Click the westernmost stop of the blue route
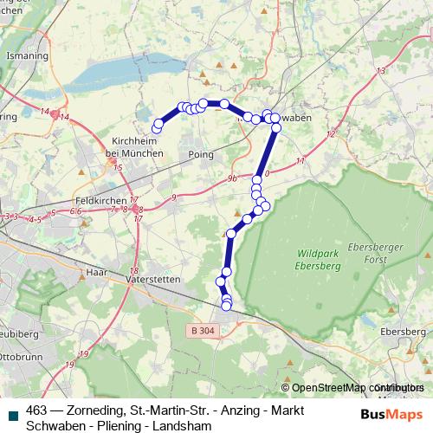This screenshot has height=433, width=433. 157,128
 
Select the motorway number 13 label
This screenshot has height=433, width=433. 380,71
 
